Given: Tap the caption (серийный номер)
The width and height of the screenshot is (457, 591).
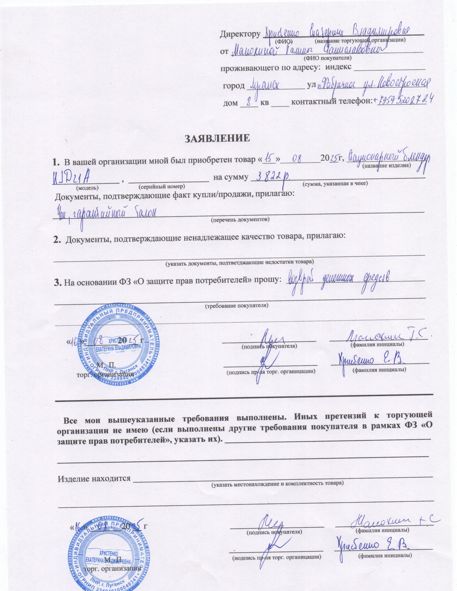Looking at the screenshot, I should tap(162, 187).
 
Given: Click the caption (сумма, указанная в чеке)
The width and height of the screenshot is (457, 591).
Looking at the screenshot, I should tap(335, 183).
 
